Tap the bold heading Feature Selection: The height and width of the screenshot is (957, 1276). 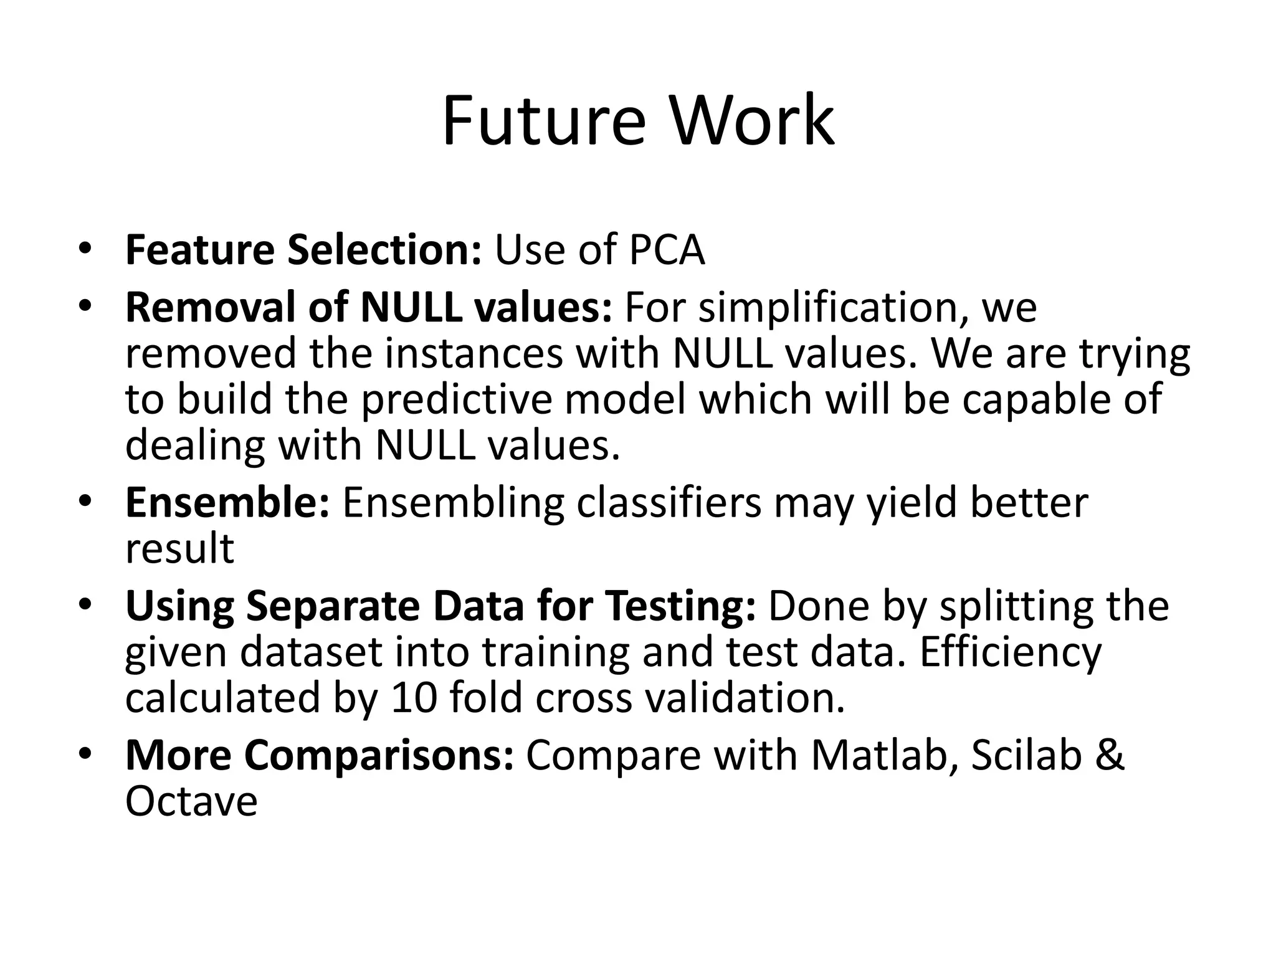pos(303,250)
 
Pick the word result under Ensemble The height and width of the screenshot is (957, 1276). pos(179,549)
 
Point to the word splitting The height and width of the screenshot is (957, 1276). pos(1016,606)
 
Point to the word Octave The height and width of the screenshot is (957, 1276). pos(191,802)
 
